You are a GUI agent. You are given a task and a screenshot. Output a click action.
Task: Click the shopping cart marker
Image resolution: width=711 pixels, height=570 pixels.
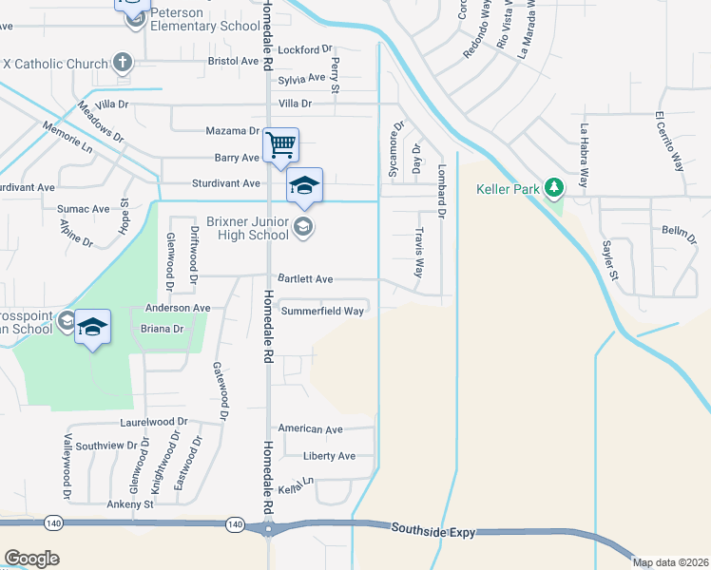pyautogui.click(x=280, y=146)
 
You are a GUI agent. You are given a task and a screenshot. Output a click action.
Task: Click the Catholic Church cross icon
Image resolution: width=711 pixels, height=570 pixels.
pyautogui.click(x=122, y=64)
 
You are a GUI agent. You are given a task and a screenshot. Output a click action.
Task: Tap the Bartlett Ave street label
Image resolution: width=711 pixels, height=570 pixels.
pyautogui.click(x=304, y=279)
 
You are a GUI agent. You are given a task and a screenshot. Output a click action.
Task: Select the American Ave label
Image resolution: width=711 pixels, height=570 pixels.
pyautogui.click(x=309, y=429)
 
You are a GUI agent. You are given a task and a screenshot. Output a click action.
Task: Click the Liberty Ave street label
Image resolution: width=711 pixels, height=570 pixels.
pyautogui.click(x=329, y=456)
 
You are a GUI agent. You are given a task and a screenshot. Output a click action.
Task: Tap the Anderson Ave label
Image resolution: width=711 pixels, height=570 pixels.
pyautogui.click(x=177, y=308)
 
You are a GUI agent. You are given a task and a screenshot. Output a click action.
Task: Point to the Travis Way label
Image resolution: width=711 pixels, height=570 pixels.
pyautogui.click(x=418, y=251)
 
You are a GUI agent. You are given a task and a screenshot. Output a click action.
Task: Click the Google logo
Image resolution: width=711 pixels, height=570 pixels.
pyautogui.click(x=31, y=559)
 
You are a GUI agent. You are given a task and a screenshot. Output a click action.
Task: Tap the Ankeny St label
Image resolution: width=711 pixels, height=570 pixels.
pyautogui.click(x=130, y=504)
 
